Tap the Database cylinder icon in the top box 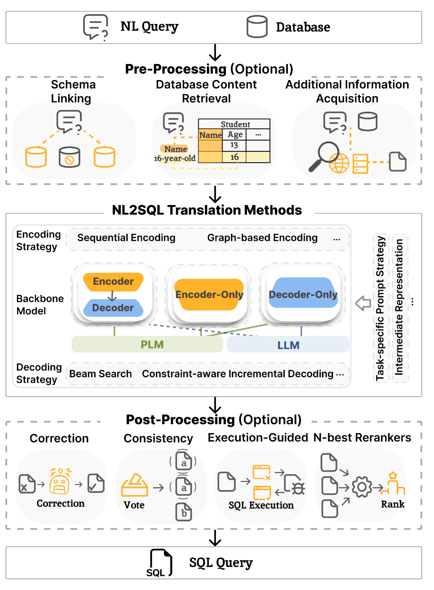coord(257,26)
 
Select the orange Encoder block coord(113,282)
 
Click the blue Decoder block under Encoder coord(113,308)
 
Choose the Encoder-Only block coord(209,294)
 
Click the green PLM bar coord(147,344)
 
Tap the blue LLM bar coord(288,344)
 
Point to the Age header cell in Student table coord(234,134)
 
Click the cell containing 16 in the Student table coord(234,157)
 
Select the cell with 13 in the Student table coord(234,145)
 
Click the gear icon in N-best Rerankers coord(362,487)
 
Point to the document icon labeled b coord(184,512)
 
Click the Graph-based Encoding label coord(262,238)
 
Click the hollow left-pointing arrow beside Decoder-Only coord(363,303)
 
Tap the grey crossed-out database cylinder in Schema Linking coord(69,157)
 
